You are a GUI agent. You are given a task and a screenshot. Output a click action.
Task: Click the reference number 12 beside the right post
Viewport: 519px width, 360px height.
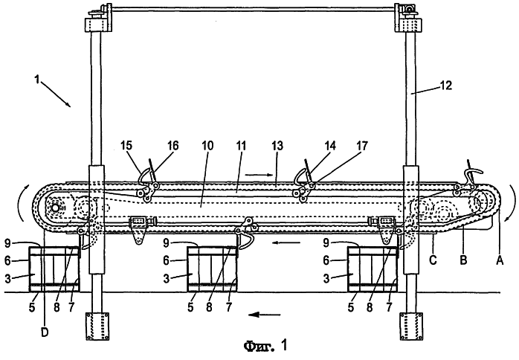pyautogui.click(x=445, y=86)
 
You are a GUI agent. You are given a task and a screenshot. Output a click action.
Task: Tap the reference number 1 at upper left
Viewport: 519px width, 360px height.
pyautogui.click(x=37, y=80)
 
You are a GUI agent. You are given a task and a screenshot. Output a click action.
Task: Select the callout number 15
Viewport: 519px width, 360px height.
pyautogui.click(x=126, y=145)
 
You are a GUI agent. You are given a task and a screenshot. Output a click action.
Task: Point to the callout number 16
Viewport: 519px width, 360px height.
pyautogui.click(x=172, y=145)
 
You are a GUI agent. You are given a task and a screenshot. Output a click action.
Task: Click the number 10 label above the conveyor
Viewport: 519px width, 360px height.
pyautogui.click(x=207, y=145)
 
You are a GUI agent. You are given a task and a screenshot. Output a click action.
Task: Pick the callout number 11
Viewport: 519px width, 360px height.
pyautogui.click(x=241, y=145)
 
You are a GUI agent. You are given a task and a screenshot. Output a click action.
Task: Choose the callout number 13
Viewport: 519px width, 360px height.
pyautogui.click(x=277, y=145)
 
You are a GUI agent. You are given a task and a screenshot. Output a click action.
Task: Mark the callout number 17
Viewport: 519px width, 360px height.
pyautogui.click(x=362, y=145)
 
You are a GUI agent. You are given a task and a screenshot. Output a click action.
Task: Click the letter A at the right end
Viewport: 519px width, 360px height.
pyautogui.click(x=500, y=260)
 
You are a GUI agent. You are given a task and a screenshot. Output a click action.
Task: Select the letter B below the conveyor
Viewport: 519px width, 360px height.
pyautogui.click(x=463, y=260)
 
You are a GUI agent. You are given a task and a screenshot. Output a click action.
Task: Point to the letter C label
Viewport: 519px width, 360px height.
pyautogui.click(x=433, y=260)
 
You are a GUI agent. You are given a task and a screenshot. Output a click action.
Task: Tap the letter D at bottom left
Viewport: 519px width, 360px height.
pyautogui.click(x=45, y=332)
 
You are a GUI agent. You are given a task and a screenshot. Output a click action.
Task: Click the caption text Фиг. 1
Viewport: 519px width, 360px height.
pyautogui.click(x=265, y=346)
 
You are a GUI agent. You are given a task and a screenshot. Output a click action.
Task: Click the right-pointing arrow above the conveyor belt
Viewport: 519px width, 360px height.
pyautogui.click(x=259, y=174)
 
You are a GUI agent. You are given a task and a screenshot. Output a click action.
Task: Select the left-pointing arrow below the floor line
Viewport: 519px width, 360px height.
pyautogui.click(x=265, y=315)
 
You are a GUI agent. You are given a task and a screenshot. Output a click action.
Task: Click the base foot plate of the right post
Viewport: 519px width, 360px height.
pyautogui.click(x=411, y=327)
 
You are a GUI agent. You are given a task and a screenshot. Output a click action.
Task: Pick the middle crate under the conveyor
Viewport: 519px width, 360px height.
pyautogui.click(x=213, y=269)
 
